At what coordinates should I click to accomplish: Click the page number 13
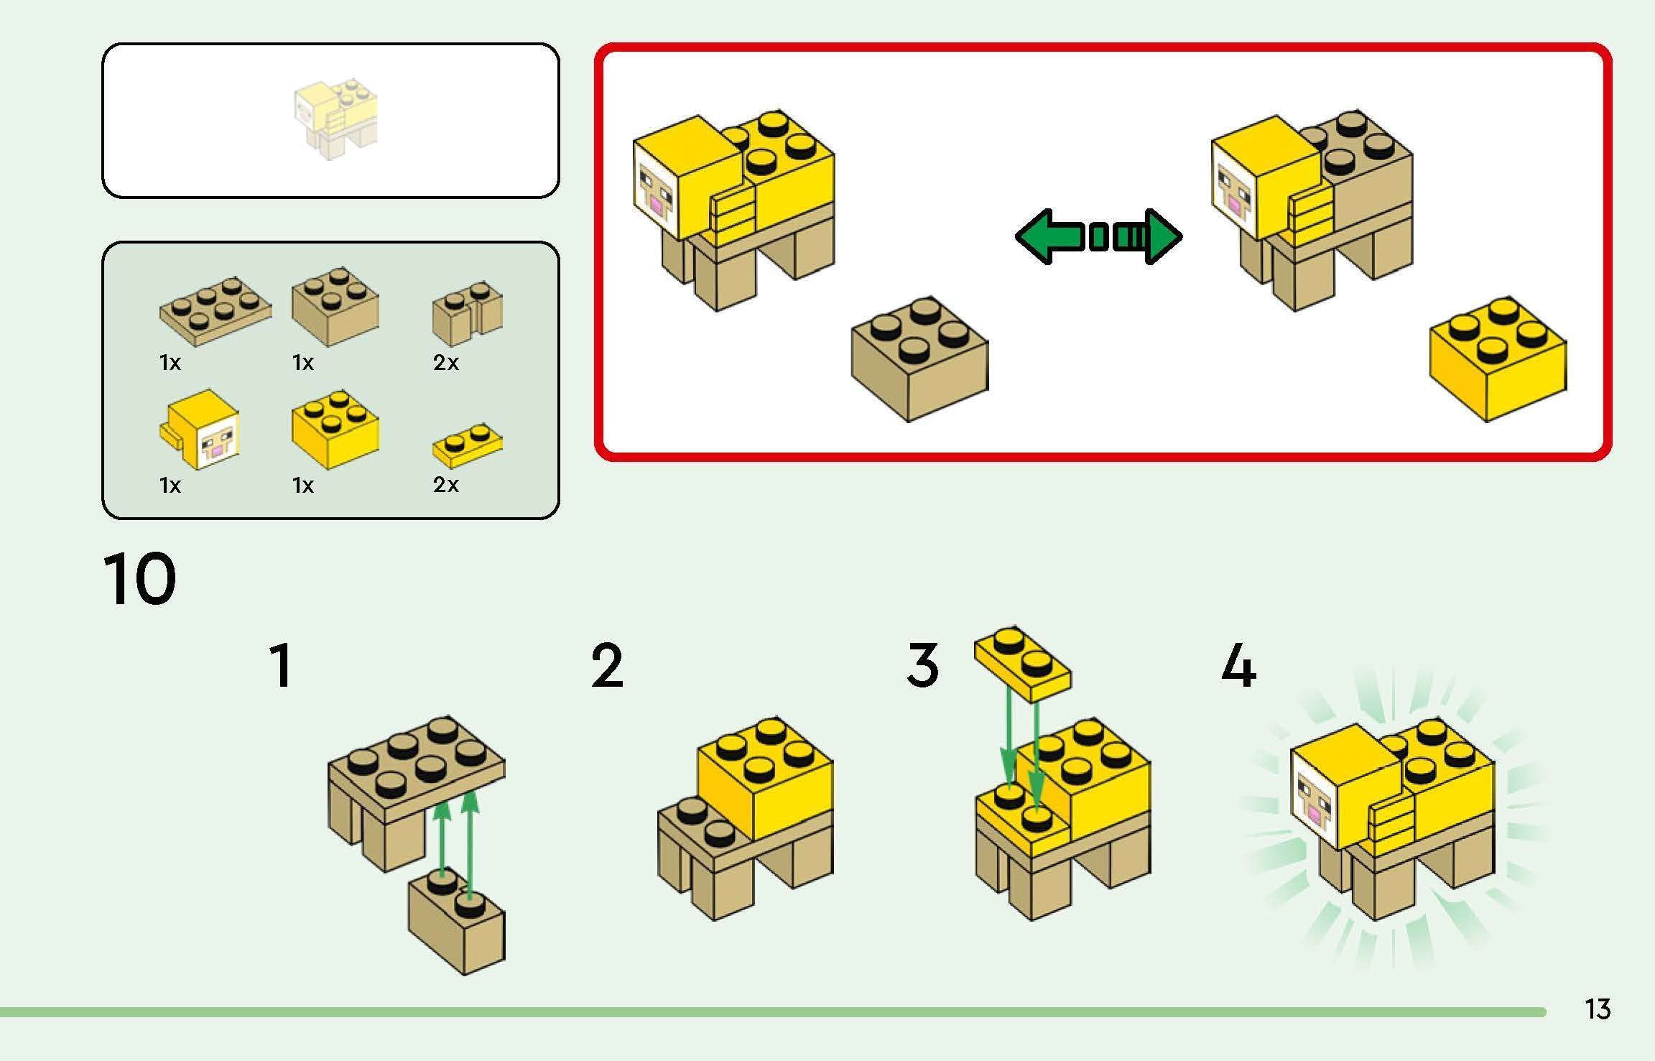coord(1598,1009)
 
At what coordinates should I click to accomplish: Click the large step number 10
coord(139,579)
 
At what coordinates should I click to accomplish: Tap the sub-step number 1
coord(281,666)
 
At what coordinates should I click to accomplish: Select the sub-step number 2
coord(607,666)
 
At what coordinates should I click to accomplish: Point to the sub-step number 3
coord(922,666)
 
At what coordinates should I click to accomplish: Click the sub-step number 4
coord(1238,666)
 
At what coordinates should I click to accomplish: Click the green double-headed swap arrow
coord(1098,236)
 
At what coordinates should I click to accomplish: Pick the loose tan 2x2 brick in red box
coord(919,359)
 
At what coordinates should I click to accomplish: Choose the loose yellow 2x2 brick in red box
coord(1497,359)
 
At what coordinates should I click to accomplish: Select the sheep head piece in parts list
coord(201,430)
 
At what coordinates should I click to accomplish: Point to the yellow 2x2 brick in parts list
coord(335,428)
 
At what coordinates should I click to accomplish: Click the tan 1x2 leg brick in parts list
coord(468,314)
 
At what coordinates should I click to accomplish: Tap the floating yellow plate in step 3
coord(1022,662)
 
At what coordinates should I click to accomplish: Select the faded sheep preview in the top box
coord(335,120)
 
